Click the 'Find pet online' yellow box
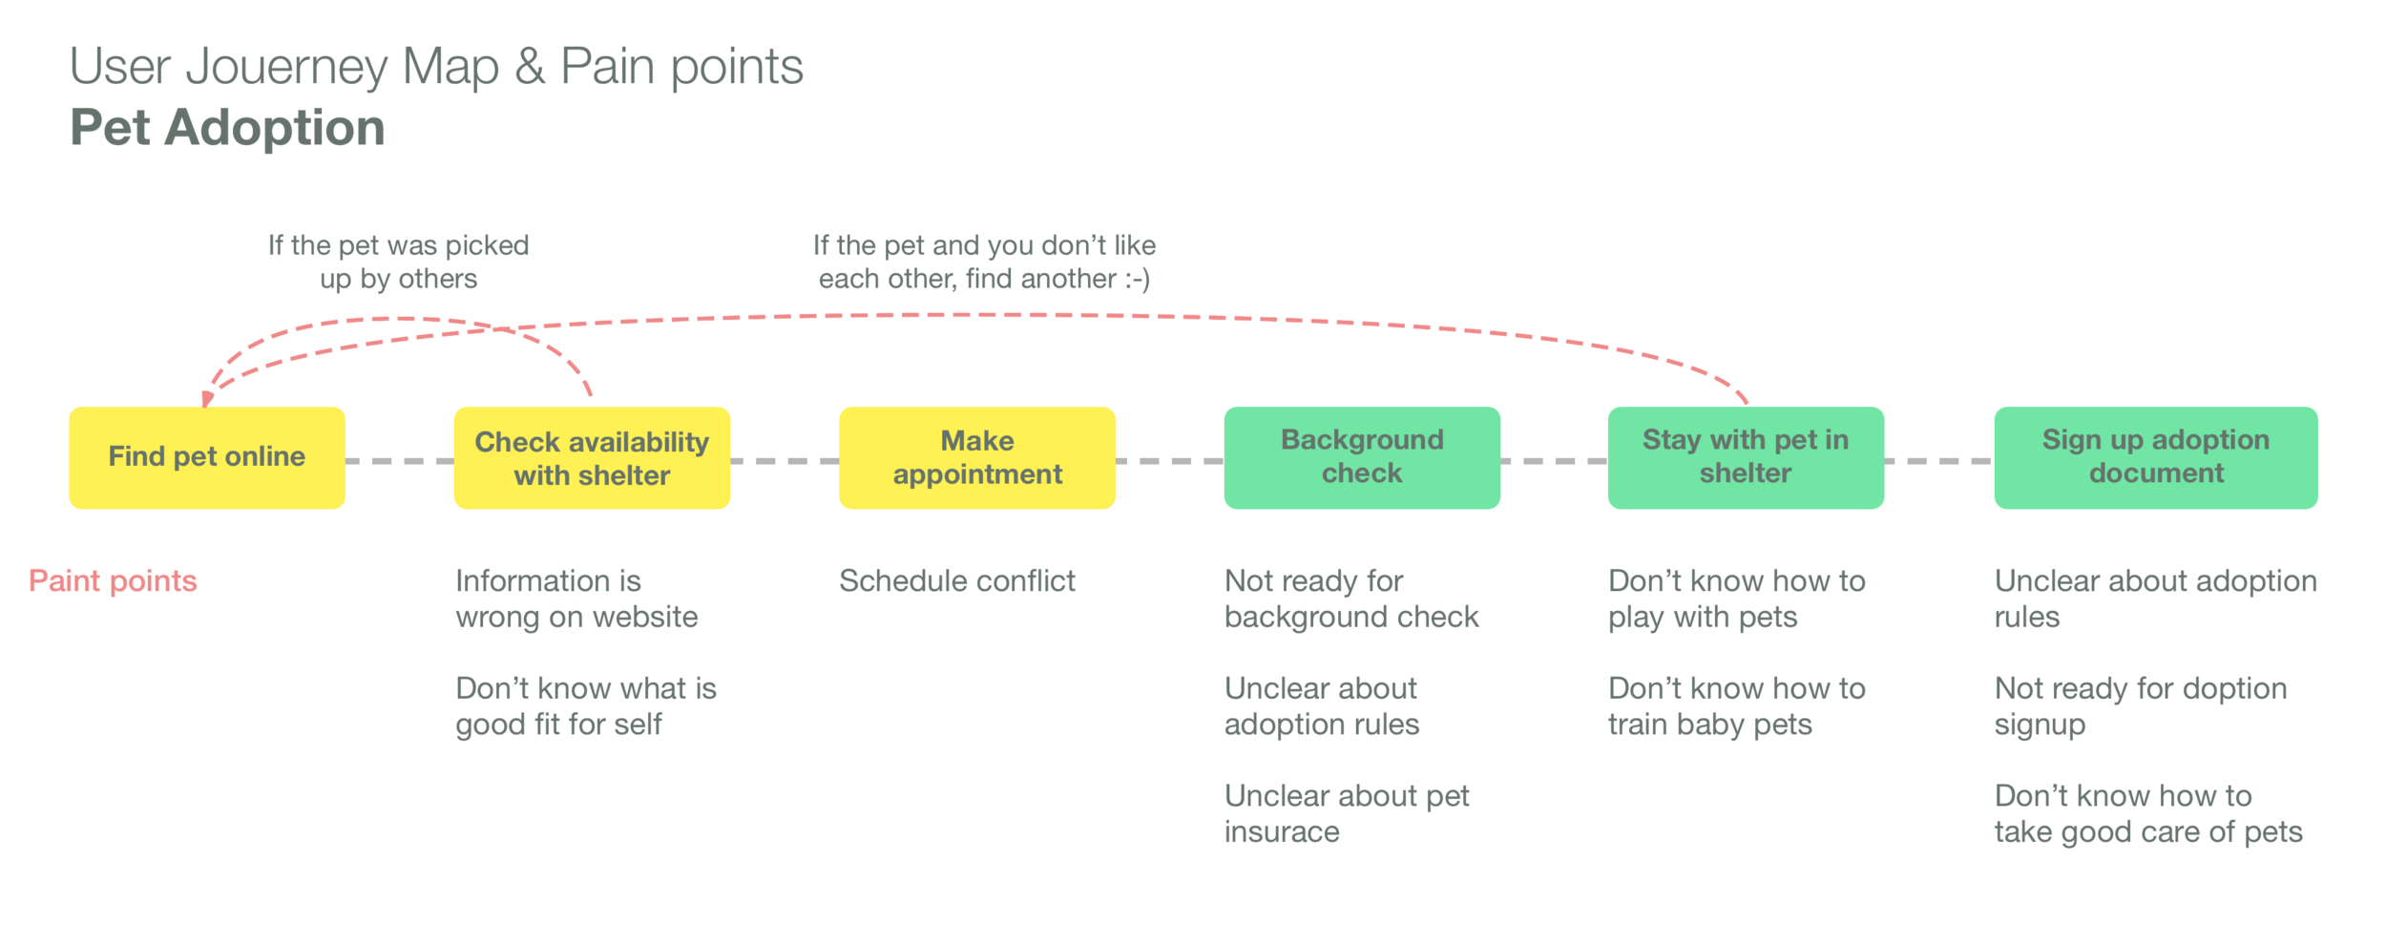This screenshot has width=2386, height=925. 207,457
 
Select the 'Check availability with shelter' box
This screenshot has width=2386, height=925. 592,457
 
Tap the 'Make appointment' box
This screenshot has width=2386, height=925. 977,457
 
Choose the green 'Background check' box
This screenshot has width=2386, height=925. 1362,457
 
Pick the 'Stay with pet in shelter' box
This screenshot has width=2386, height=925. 1746,457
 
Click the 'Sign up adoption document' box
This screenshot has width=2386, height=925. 2156,457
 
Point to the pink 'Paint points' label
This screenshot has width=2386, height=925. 113,580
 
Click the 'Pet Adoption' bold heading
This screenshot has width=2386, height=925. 227,128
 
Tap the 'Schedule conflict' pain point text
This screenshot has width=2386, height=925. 956,580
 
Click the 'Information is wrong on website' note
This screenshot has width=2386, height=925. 576,599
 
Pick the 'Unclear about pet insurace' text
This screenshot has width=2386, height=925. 1346,813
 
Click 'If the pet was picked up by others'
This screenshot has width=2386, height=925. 398,262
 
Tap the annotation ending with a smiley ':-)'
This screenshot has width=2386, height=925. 984,262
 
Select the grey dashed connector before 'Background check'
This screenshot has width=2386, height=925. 1169,461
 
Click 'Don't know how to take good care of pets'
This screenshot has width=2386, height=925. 2147,813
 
